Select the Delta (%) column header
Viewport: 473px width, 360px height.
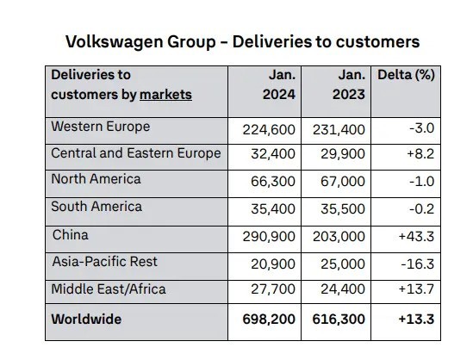pyautogui.click(x=406, y=75)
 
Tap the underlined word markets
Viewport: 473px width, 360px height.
pyautogui.click(x=165, y=95)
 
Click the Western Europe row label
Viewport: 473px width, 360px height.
pyautogui.click(x=101, y=127)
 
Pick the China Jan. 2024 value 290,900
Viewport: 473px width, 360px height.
pyautogui.click(x=269, y=236)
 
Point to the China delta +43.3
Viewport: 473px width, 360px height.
pyautogui.click(x=416, y=236)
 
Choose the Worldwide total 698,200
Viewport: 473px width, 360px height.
pyautogui.click(x=269, y=319)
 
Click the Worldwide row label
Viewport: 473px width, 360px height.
pyautogui.click(x=86, y=319)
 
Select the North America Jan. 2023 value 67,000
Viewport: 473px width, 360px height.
pyautogui.click(x=343, y=182)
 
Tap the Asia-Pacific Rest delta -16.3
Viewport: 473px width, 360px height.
pyautogui.click(x=418, y=264)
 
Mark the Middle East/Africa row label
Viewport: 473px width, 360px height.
pyautogui.click(x=109, y=289)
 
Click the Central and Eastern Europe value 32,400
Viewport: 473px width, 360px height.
pyautogui.click(x=273, y=154)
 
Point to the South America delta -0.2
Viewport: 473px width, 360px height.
pyautogui.click(x=421, y=209)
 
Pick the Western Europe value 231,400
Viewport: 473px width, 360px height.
pyautogui.click(x=339, y=130)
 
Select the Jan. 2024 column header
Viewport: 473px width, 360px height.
pyautogui.click(x=279, y=84)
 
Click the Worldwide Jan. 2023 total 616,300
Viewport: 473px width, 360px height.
pyautogui.click(x=339, y=319)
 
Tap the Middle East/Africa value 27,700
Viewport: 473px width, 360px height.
pyautogui.click(x=273, y=289)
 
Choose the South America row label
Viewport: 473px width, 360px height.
pyautogui.click(x=96, y=207)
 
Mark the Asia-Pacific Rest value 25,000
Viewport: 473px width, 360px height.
pyautogui.click(x=343, y=264)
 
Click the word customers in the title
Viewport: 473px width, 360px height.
pyautogui.click(x=377, y=42)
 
